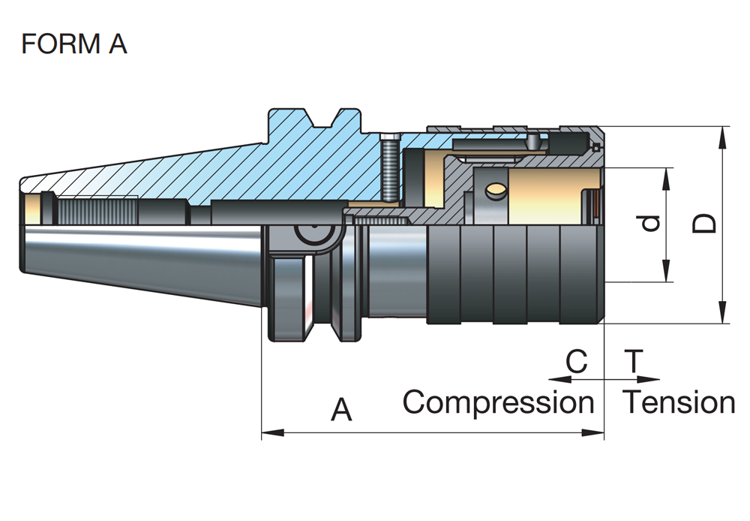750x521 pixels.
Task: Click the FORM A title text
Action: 74,44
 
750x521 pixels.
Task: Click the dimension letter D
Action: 704,223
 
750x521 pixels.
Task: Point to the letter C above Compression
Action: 576,362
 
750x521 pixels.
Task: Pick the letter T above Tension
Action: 634,362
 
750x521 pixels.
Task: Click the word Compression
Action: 498,402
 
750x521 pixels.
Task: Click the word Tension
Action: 679,402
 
